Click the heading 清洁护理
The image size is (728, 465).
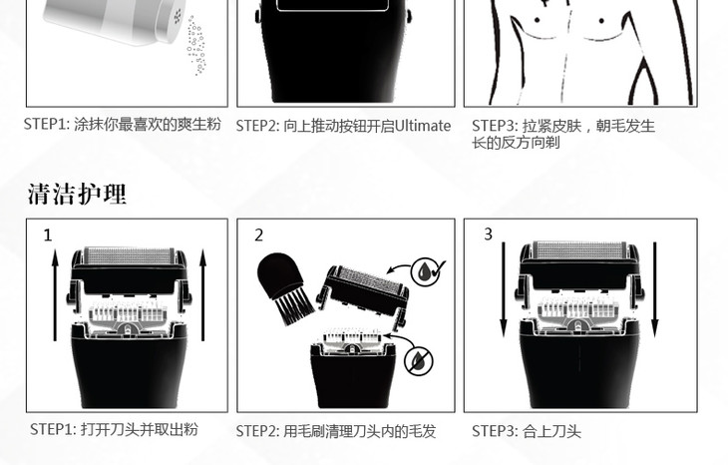point(77,194)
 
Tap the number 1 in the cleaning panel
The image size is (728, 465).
point(47,235)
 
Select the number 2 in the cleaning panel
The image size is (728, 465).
point(258,235)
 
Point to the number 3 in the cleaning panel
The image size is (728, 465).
point(488,233)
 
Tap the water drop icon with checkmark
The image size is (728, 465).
point(428,271)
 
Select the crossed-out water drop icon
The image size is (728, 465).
point(418,360)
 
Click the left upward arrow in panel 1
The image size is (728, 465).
point(55,295)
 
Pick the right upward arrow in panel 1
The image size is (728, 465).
point(202,295)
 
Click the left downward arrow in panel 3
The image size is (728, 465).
point(504,289)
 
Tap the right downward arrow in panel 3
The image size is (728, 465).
point(654,289)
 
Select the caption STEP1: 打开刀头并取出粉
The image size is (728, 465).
point(114,429)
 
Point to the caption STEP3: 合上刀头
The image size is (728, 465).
point(526,431)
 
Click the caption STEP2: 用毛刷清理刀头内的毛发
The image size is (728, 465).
point(336,431)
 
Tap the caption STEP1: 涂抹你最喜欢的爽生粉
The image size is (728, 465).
point(122,124)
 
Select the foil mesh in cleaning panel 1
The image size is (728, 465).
point(129,256)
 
